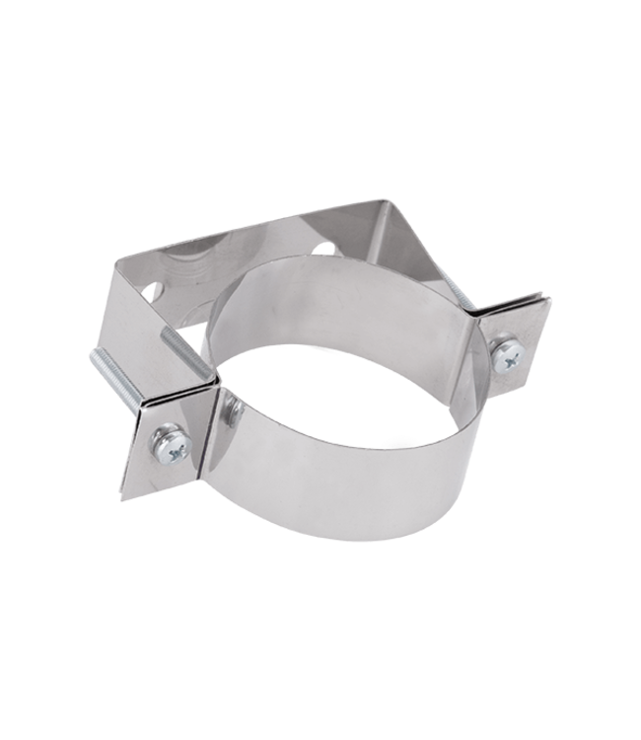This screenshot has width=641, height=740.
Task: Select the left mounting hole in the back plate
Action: pyautogui.click(x=152, y=292)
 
